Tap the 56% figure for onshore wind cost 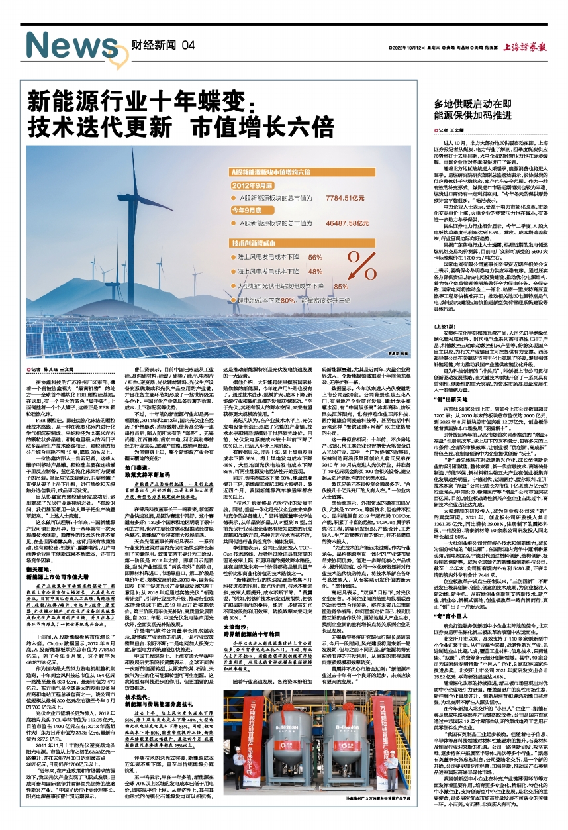pos(316,256)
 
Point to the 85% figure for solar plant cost pos(340,286)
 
